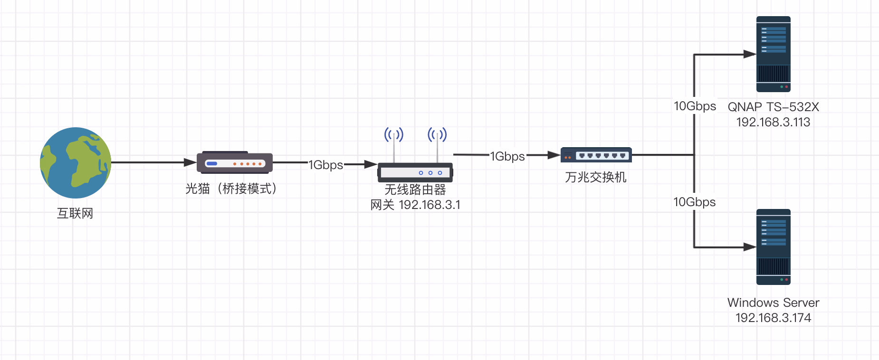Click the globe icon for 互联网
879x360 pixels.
pyautogui.click(x=76, y=163)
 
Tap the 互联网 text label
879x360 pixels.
pyautogui.click(x=75, y=213)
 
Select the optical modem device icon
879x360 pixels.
pyautogui.click(x=235, y=163)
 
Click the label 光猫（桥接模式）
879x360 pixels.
pyautogui.click(x=231, y=189)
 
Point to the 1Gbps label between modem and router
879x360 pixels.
pyautogui.click(x=326, y=165)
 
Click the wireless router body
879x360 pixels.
pyautogui.click(x=415, y=172)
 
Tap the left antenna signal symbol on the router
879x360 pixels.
pyautogui.click(x=394, y=135)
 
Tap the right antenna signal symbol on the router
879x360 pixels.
pyautogui.click(x=437, y=135)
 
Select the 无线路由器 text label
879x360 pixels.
pyautogui.click(x=415, y=189)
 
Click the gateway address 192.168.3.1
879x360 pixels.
pyautogui.click(x=430, y=205)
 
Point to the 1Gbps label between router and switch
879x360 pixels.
pyautogui.click(x=507, y=156)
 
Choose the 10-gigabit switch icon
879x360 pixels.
pyautogui.click(x=596, y=155)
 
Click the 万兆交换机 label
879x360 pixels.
pyautogui.click(x=596, y=177)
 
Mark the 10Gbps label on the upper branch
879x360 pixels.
pyautogui.click(x=695, y=106)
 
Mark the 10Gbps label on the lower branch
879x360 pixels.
pyautogui.click(x=695, y=202)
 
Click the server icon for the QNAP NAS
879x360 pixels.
pyautogui.click(x=774, y=54)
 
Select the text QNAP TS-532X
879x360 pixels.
pyautogui.click(x=774, y=107)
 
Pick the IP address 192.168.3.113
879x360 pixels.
pyautogui.click(x=774, y=122)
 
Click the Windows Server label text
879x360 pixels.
pyautogui.click(x=774, y=303)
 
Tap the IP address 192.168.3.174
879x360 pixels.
pyautogui.click(x=774, y=318)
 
